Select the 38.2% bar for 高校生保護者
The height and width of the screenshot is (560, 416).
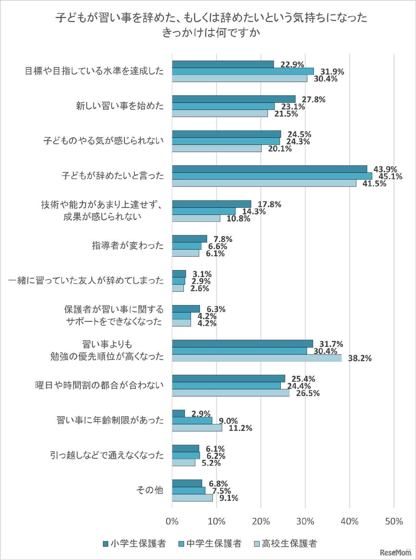pyautogui.click(x=257, y=358)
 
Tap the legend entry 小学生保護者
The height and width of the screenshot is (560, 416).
pyautogui.click(x=134, y=543)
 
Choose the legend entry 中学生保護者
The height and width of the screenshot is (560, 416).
pyautogui.click(x=210, y=543)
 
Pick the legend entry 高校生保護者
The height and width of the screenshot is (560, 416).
pyautogui.click(x=285, y=543)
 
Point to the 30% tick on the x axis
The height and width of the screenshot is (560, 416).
pyautogui.click(x=305, y=522)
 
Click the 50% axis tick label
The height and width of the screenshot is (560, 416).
pyautogui.click(x=394, y=522)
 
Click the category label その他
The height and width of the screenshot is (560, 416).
pyautogui.click(x=149, y=490)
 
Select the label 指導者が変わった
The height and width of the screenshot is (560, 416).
pyautogui.click(x=128, y=245)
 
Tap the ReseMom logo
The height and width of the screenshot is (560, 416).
pyautogui.click(x=395, y=552)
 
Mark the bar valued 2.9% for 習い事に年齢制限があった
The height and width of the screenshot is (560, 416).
pyautogui.click(x=178, y=413)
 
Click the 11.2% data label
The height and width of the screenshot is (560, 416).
pyautogui.click(x=240, y=428)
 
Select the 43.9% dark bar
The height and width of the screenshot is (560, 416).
pyautogui.click(x=269, y=169)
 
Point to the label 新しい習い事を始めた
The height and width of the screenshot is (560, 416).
pyautogui.click(x=120, y=106)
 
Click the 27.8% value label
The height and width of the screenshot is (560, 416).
pyautogui.click(x=313, y=99)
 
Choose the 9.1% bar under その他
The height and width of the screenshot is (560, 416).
pyautogui.click(x=192, y=497)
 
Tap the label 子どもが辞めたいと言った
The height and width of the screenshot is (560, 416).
pyautogui.click(x=113, y=176)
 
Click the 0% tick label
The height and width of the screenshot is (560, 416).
pyautogui.click(x=172, y=522)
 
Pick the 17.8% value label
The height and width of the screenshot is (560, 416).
pyautogui.click(x=269, y=204)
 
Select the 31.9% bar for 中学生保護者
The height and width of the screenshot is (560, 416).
pyautogui.click(x=243, y=71)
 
